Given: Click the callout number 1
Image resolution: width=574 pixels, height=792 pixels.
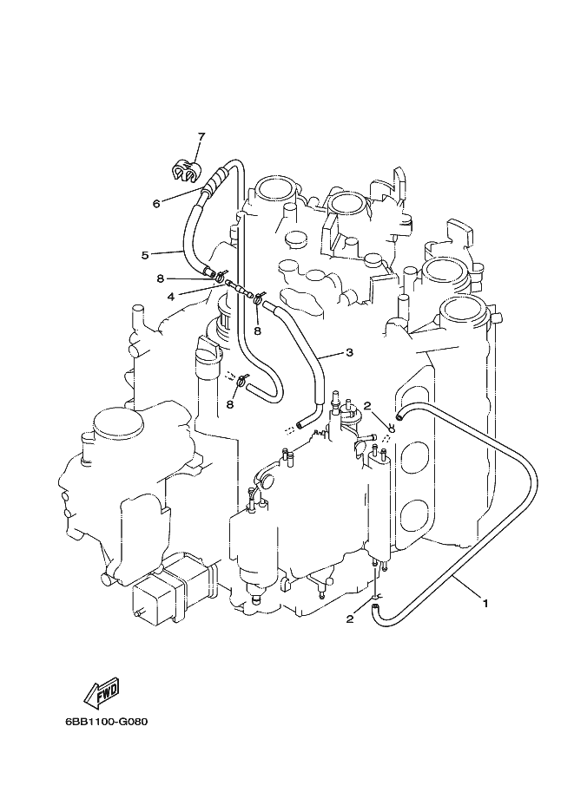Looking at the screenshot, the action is (485, 603).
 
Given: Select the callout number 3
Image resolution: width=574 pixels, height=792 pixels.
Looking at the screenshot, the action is (349, 352).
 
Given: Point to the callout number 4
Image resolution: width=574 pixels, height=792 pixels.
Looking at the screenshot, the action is (171, 297).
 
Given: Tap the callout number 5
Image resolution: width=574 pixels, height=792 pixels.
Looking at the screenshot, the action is (145, 255).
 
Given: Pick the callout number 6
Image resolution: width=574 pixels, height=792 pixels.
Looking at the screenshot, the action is (156, 203).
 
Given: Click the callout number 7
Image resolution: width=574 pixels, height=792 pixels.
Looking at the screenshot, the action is (201, 136).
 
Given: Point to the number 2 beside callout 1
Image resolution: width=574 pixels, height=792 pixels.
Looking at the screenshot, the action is (349, 619).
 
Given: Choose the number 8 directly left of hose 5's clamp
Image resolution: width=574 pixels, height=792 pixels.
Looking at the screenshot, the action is (160, 278).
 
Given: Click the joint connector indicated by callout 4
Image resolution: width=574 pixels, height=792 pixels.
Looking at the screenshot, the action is (238, 288).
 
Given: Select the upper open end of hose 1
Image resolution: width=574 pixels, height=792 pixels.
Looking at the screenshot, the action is (400, 416).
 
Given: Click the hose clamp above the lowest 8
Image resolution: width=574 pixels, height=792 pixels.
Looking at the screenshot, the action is (243, 379).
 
